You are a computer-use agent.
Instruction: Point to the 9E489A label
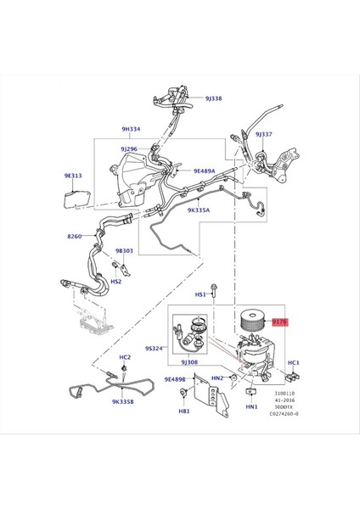(208, 171)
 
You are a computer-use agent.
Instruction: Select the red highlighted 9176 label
(279, 322)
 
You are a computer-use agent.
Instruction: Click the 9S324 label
(153, 348)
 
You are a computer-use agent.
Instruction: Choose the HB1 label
(183, 412)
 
